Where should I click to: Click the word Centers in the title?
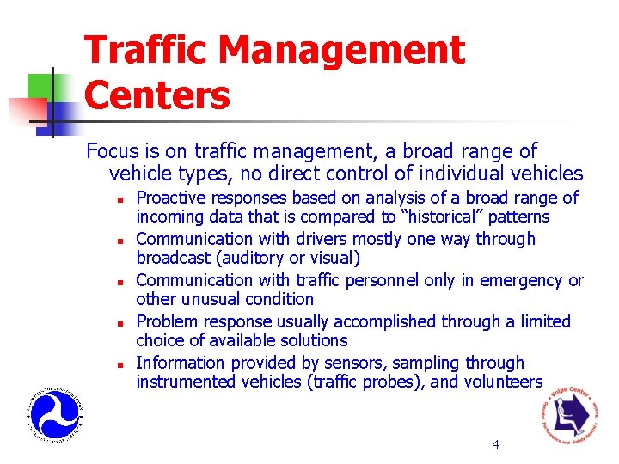coord(157,95)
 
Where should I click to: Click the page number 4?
coord(495,444)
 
